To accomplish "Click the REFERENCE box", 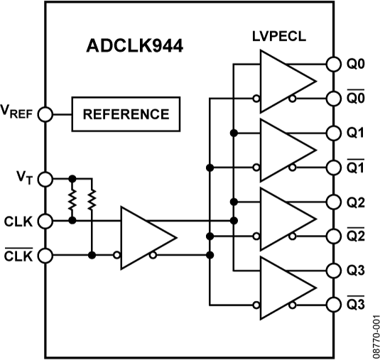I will tap(126, 114).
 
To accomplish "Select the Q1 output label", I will tap(357, 133).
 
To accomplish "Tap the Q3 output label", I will tap(357, 271).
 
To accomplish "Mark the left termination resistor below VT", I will tap(72, 200).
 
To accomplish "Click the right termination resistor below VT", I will tap(92, 200).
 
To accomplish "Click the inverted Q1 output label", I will tap(357, 168).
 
